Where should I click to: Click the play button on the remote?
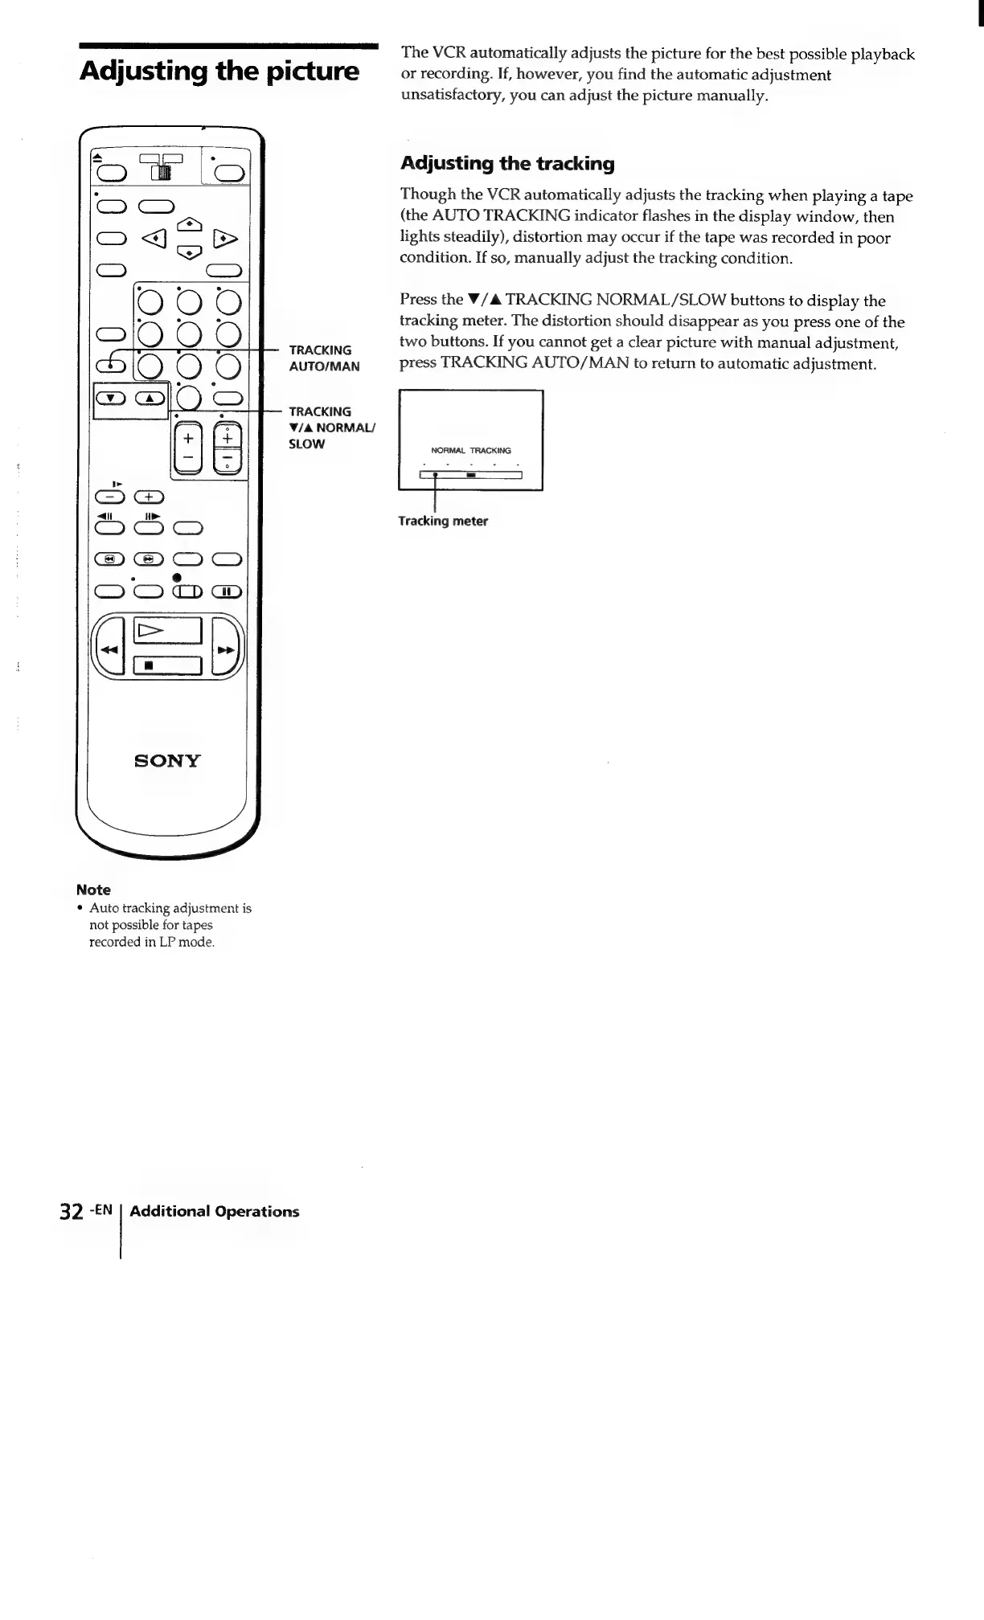click(x=167, y=632)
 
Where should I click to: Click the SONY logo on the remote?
click(x=167, y=760)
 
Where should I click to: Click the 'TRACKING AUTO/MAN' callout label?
click(x=324, y=358)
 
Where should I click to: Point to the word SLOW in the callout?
click(x=307, y=444)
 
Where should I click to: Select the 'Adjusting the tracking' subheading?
click(x=507, y=164)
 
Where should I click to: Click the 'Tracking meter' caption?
click(x=443, y=521)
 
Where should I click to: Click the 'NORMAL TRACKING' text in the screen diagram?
click(x=471, y=450)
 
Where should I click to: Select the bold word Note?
click(x=93, y=890)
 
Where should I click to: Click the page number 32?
click(x=72, y=1212)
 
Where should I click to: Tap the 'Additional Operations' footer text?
click(x=214, y=1211)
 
